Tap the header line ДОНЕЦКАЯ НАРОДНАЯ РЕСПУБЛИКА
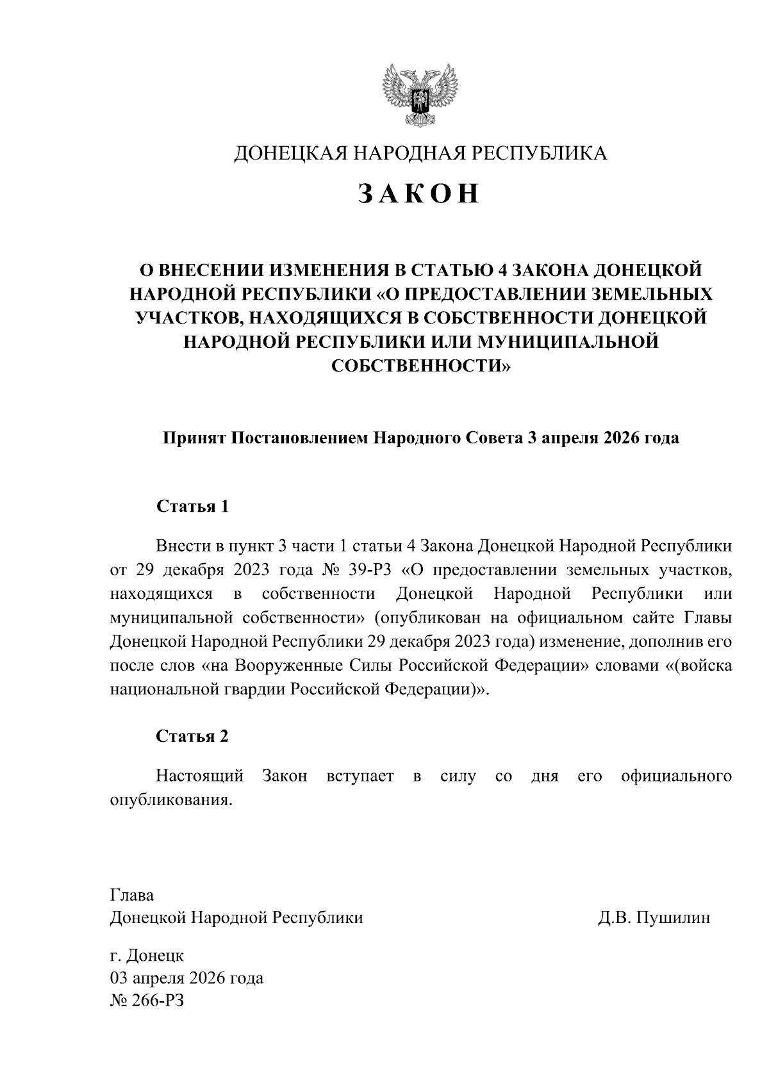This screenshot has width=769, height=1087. [420, 153]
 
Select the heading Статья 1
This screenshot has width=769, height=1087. [192, 507]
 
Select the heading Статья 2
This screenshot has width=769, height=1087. [192, 736]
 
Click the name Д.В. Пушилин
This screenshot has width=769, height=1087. [654, 918]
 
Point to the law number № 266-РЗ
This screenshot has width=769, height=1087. [148, 1001]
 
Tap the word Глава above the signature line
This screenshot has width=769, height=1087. [132, 895]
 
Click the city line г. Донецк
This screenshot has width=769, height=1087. [147, 956]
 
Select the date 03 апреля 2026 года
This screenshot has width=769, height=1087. [186, 979]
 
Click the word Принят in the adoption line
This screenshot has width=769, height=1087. [192, 439]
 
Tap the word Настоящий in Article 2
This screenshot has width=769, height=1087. [200, 776]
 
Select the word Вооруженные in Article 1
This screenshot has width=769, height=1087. [283, 666]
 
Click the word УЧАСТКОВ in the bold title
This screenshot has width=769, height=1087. [190, 318]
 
